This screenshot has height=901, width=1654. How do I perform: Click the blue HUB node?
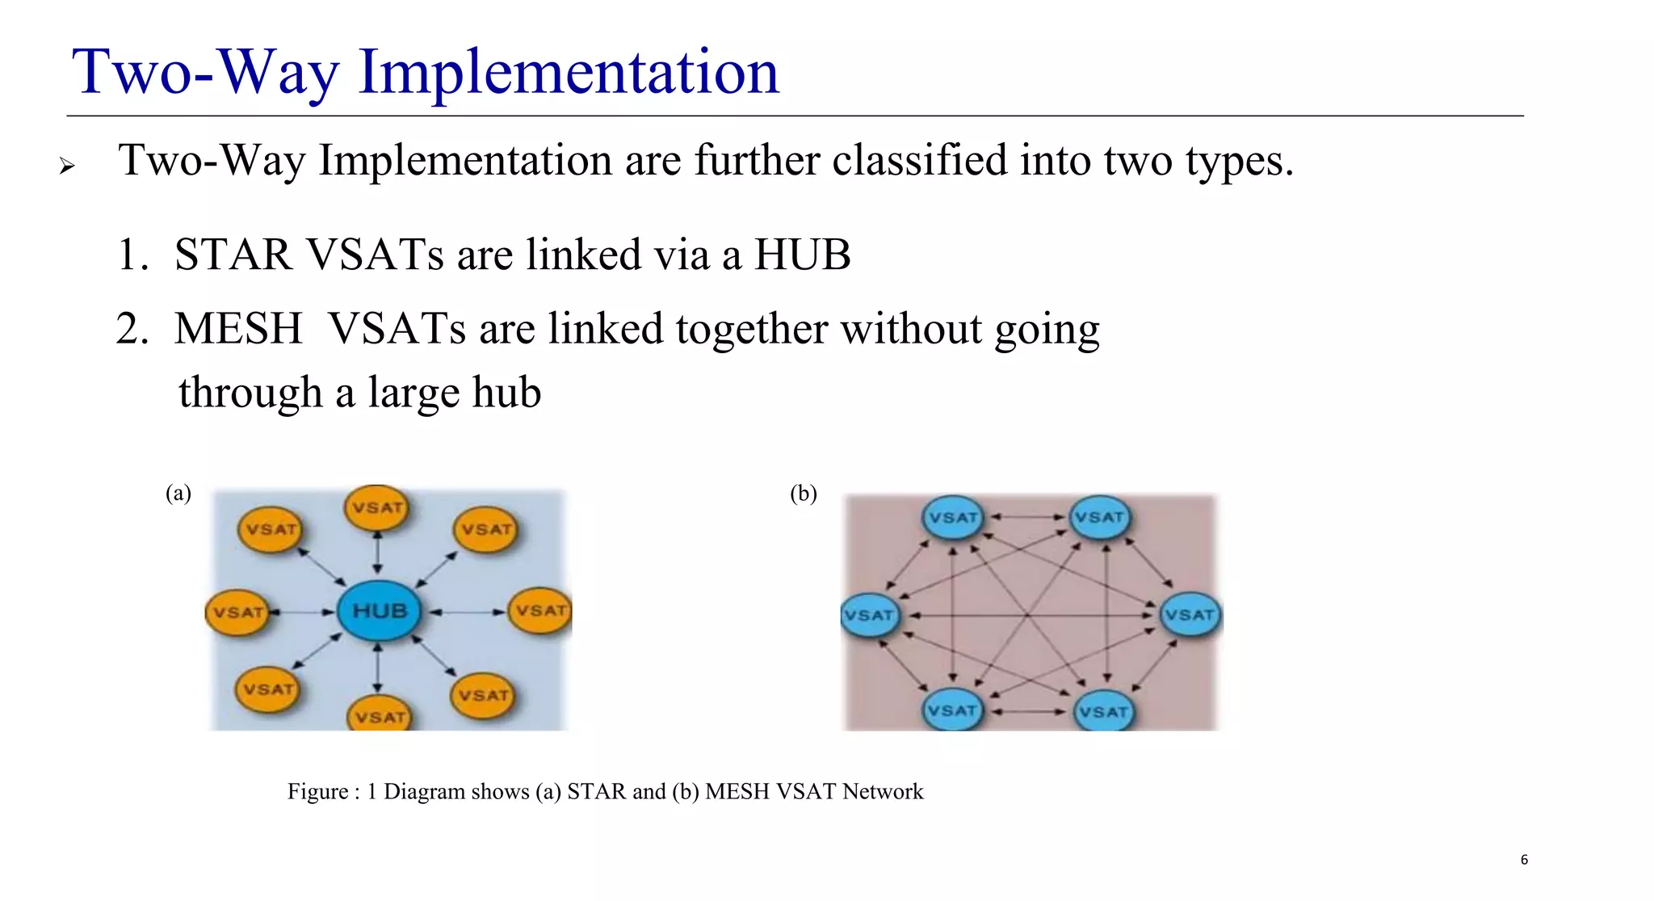379,611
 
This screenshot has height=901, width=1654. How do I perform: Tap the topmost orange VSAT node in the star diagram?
377,508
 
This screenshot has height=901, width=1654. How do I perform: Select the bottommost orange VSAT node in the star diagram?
380,715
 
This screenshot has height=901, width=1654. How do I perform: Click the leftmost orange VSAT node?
238,613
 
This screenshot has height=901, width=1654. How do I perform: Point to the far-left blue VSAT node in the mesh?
870,615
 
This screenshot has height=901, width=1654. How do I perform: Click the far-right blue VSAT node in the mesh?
1190,615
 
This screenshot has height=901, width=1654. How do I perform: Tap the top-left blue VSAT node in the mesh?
953,517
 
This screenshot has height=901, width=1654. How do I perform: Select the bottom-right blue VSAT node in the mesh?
1103,712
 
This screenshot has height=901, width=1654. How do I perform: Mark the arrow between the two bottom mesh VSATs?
1028,712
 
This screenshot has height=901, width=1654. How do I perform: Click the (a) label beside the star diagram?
178,493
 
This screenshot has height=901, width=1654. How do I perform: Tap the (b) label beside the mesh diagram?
804,493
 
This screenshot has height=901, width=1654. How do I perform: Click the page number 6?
1524,860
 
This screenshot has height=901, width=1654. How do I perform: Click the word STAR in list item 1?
233,255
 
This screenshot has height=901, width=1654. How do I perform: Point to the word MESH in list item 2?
238,329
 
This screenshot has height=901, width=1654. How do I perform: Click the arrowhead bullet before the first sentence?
67,166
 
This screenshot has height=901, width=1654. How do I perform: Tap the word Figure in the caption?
317,791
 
